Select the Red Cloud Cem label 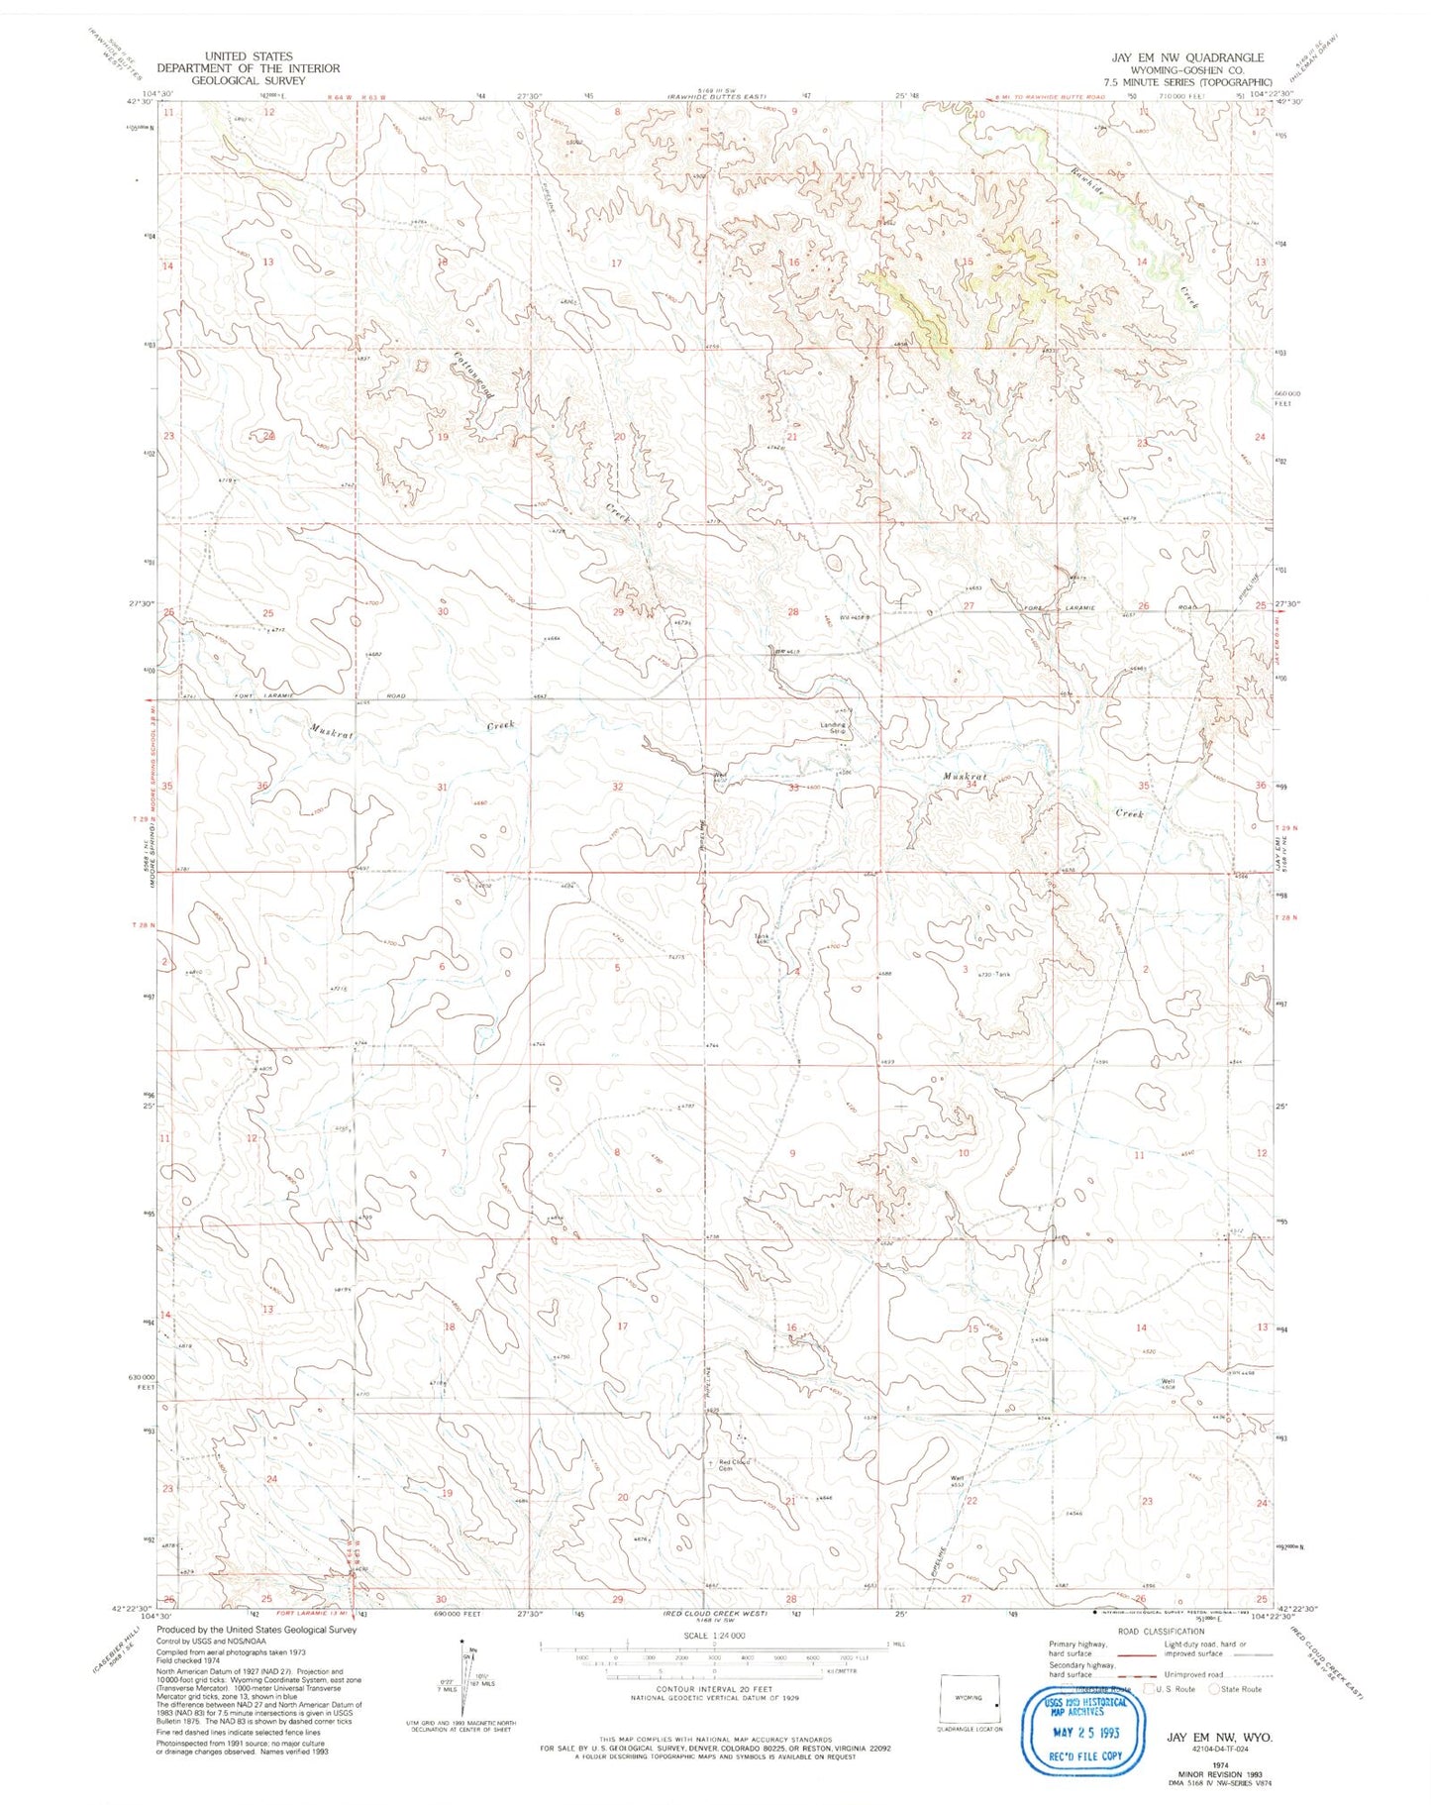(734, 1465)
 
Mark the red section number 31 (444, 787)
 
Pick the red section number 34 (971, 784)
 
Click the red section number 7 (444, 1153)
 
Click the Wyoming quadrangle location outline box (970, 1699)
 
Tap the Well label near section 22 (958, 1479)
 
